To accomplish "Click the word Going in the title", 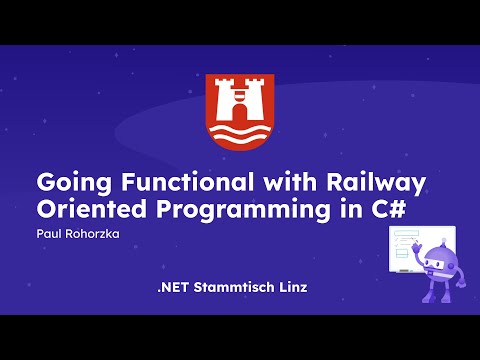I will pos(69,185).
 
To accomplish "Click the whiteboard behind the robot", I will pos(408,246).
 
